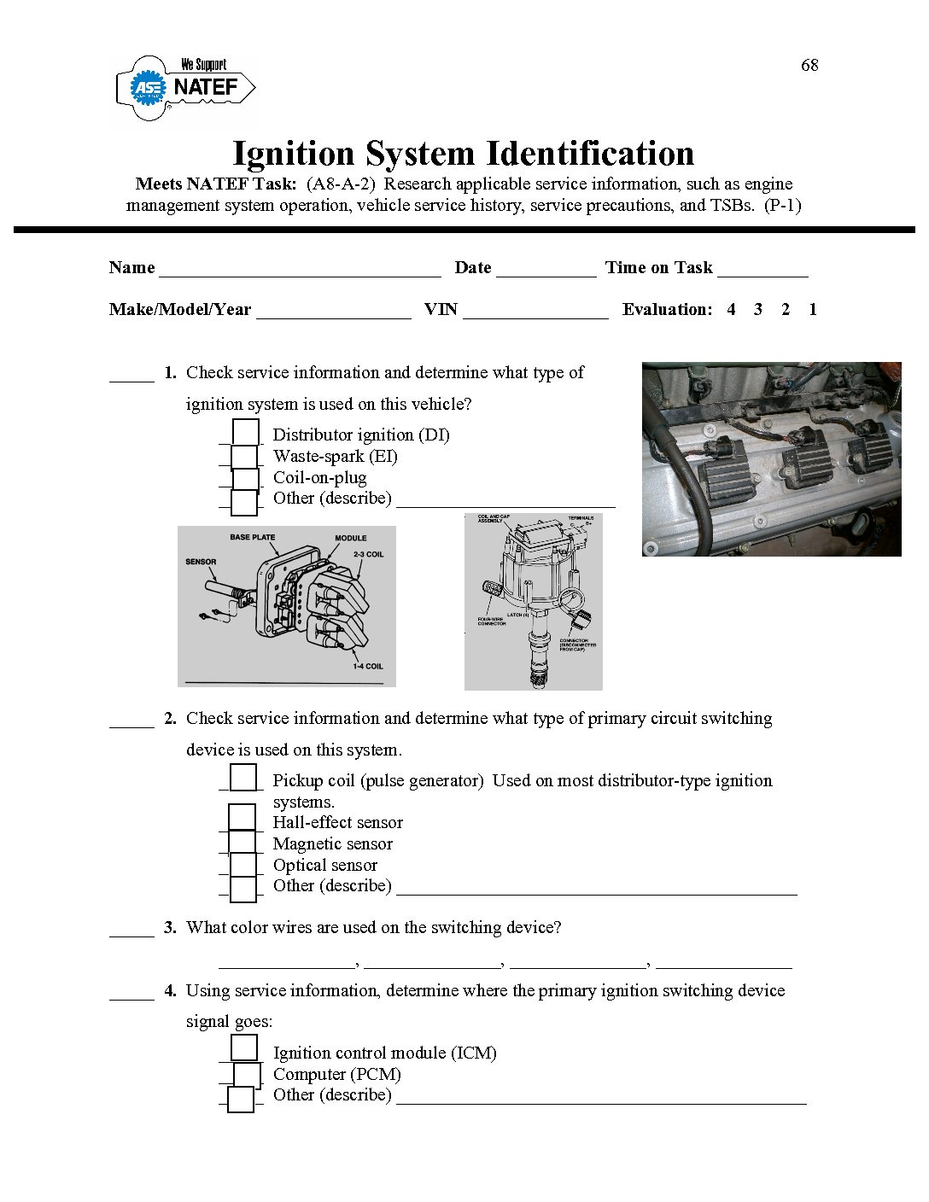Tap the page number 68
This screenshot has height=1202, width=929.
pyautogui.click(x=809, y=66)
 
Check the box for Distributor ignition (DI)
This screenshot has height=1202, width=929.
pyautogui.click(x=246, y=433)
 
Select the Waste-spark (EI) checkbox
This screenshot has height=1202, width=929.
pyautogui.click(x=244, y=457)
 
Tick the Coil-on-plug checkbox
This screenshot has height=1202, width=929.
pyautogui.click(x=246, y=479)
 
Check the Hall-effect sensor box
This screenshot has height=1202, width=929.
pyautogui.click(x=242, y=818)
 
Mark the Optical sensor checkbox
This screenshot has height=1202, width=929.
pyautogui.click(x=243, y=865)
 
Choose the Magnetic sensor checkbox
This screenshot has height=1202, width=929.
pyautogui.click(x=242, y=843)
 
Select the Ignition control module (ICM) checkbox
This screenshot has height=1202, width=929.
pyautogui.click(x=244, y=1047)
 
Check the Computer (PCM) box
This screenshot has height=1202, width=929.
pyautogui.click(x=247, y=1074)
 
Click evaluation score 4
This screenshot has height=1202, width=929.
pyautogui.click(x=731, y=310)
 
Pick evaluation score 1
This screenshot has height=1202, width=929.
pyautogui.click(x=813, y=310)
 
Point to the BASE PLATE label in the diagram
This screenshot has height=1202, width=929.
pyautogui.click(x=253, y=538)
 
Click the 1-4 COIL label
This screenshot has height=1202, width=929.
pyautogui.click(x=368, y=667)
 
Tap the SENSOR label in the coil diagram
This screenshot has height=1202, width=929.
pyautogui.click(x=201, y=562)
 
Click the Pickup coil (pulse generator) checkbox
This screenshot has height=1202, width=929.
pyautogui.click(x=243, y=778)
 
